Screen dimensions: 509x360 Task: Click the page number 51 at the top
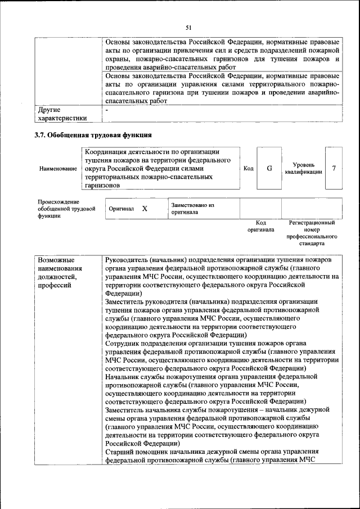tap(188, 27)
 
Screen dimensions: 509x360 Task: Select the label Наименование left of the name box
tap(58, 169)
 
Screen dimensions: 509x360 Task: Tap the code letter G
tap(269, 168)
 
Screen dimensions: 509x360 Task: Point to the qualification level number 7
tap(334, 168)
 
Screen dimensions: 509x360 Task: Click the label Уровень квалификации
tap(303, 168)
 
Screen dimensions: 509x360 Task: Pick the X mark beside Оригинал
tap(145, 208)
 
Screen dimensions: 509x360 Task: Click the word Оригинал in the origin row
tap(121, 208)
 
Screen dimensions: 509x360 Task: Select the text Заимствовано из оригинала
tap(192, 209)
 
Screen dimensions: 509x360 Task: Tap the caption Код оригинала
tap(260, 226)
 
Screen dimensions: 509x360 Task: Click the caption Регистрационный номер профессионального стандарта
tap(312, 233)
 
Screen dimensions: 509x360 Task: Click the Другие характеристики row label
tap(61, 114)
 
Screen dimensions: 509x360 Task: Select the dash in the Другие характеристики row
tap(107, 110)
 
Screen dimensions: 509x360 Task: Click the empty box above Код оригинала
tap(260, 208)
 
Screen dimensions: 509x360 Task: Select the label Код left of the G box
tap(248, 168)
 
